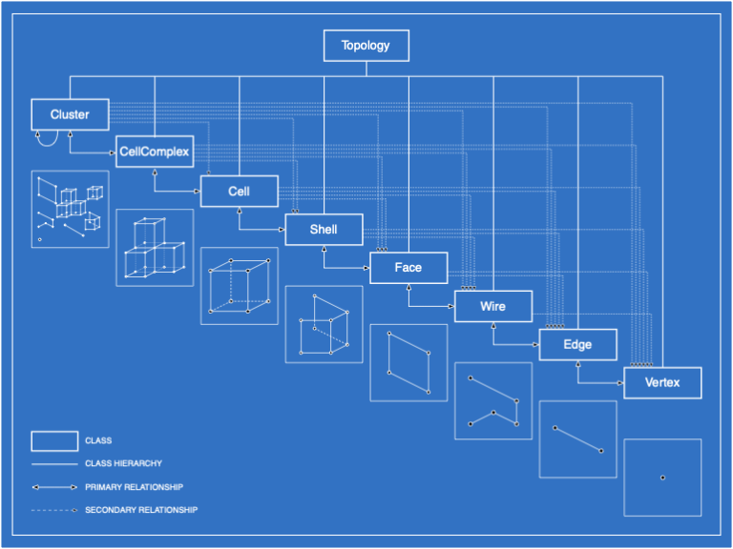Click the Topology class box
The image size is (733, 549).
pyautogui.click(x=366, y=46)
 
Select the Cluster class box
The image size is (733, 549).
pyautogui.click(x=70, y=114)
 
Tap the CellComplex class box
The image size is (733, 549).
pyautogui.click(x=155, y=152)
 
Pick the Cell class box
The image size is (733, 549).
pyautogui.click(x=239, y=191)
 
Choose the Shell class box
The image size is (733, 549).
pyautogui.click(x=324, y=230)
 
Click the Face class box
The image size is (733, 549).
pyautogui.click(x=408, y=268)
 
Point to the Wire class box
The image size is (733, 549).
pyautogui.click(x=492, y=307)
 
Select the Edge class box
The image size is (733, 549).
pyautogui.click(x=577, y=344)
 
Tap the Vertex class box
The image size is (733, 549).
pyautogui.click(x=662, y=382)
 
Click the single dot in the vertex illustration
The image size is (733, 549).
pyautogui.click(x=662, y=478)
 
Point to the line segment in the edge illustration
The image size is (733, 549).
pyautogui.click(x=577, y=439)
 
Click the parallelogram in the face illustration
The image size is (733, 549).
pyautogui.click(x=408, y=362)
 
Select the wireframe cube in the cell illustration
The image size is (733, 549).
pyautogui.click(x=239, y=285)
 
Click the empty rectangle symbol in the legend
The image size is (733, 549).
pyautogui.click(x=54, y=440)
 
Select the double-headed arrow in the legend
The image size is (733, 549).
pyautogui.click(x=54, y=487)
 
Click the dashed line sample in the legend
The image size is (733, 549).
pyautogui.click(x=54, y=510)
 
